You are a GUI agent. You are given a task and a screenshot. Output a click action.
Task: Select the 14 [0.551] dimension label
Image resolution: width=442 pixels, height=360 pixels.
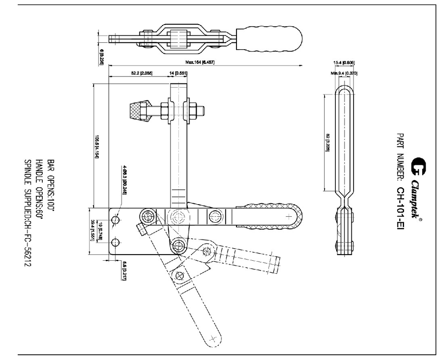178,74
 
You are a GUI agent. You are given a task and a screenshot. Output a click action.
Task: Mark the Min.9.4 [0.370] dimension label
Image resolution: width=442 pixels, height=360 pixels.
344,73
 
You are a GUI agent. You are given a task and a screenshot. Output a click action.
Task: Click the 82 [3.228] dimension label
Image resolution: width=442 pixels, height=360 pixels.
328,142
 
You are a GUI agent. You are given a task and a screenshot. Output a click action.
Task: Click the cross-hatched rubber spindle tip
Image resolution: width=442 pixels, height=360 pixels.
140,111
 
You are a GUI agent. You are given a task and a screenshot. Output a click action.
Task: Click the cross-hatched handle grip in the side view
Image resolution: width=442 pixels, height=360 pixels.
268,215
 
